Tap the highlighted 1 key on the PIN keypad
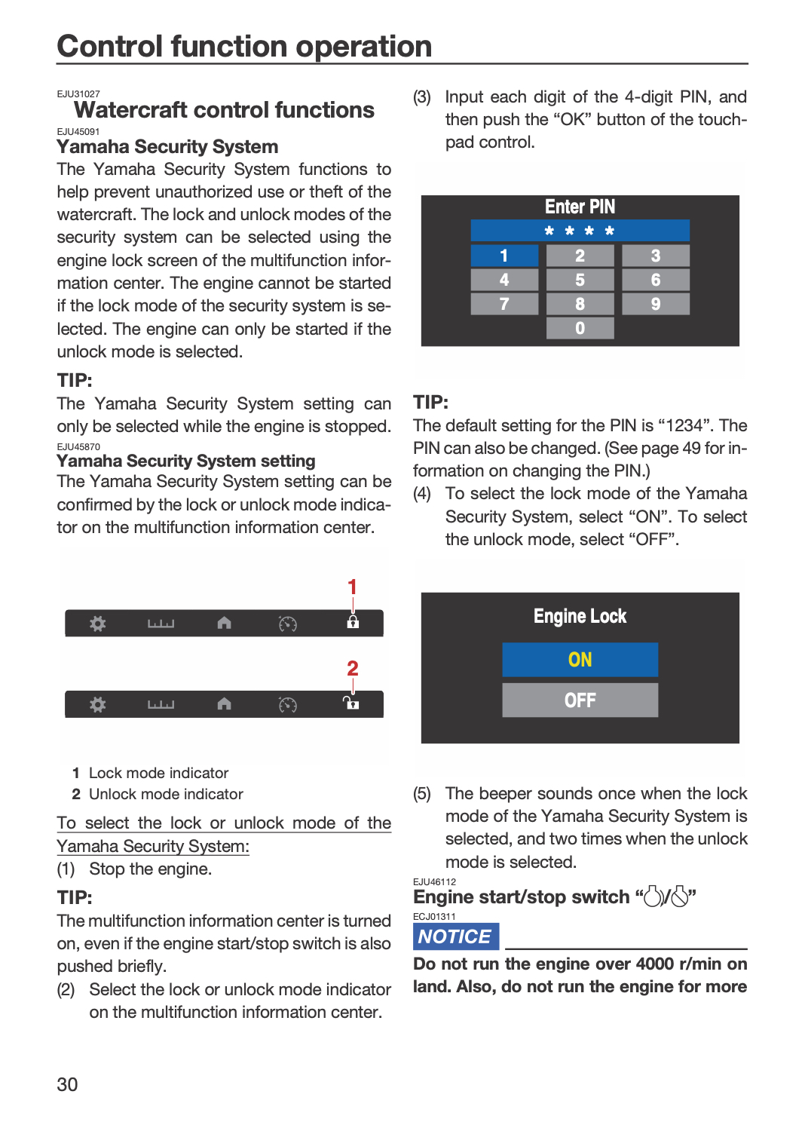click(504, 256)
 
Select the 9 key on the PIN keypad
click(656, 304)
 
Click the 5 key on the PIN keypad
click(580, 280)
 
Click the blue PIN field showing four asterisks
click(580, 231)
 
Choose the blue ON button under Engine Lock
click(580, 660)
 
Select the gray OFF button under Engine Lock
click(580, 700)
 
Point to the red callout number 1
click(352, 587)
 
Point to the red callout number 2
click(352, 669)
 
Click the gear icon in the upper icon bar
click(98, 624)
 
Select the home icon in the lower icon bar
click(224, 703)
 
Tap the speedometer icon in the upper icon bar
click(288, 624)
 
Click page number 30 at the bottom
click(67, 1084)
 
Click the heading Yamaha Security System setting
click(185, 461)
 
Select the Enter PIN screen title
click(580, 207)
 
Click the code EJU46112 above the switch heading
click(434, 881)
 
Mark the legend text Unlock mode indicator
click(166, 794)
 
